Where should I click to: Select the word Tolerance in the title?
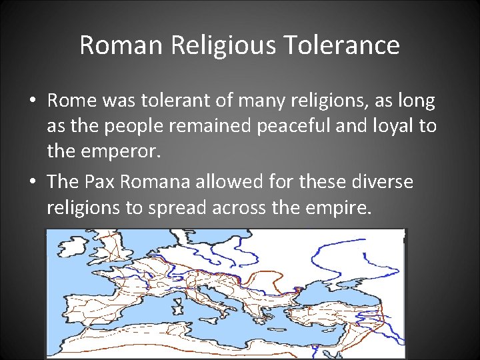pyautogui.click(x=342, y=45)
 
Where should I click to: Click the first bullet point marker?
pyautogui.click(x=32, y=101)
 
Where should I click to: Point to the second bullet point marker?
pyautogui.click(x=32, y=182)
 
